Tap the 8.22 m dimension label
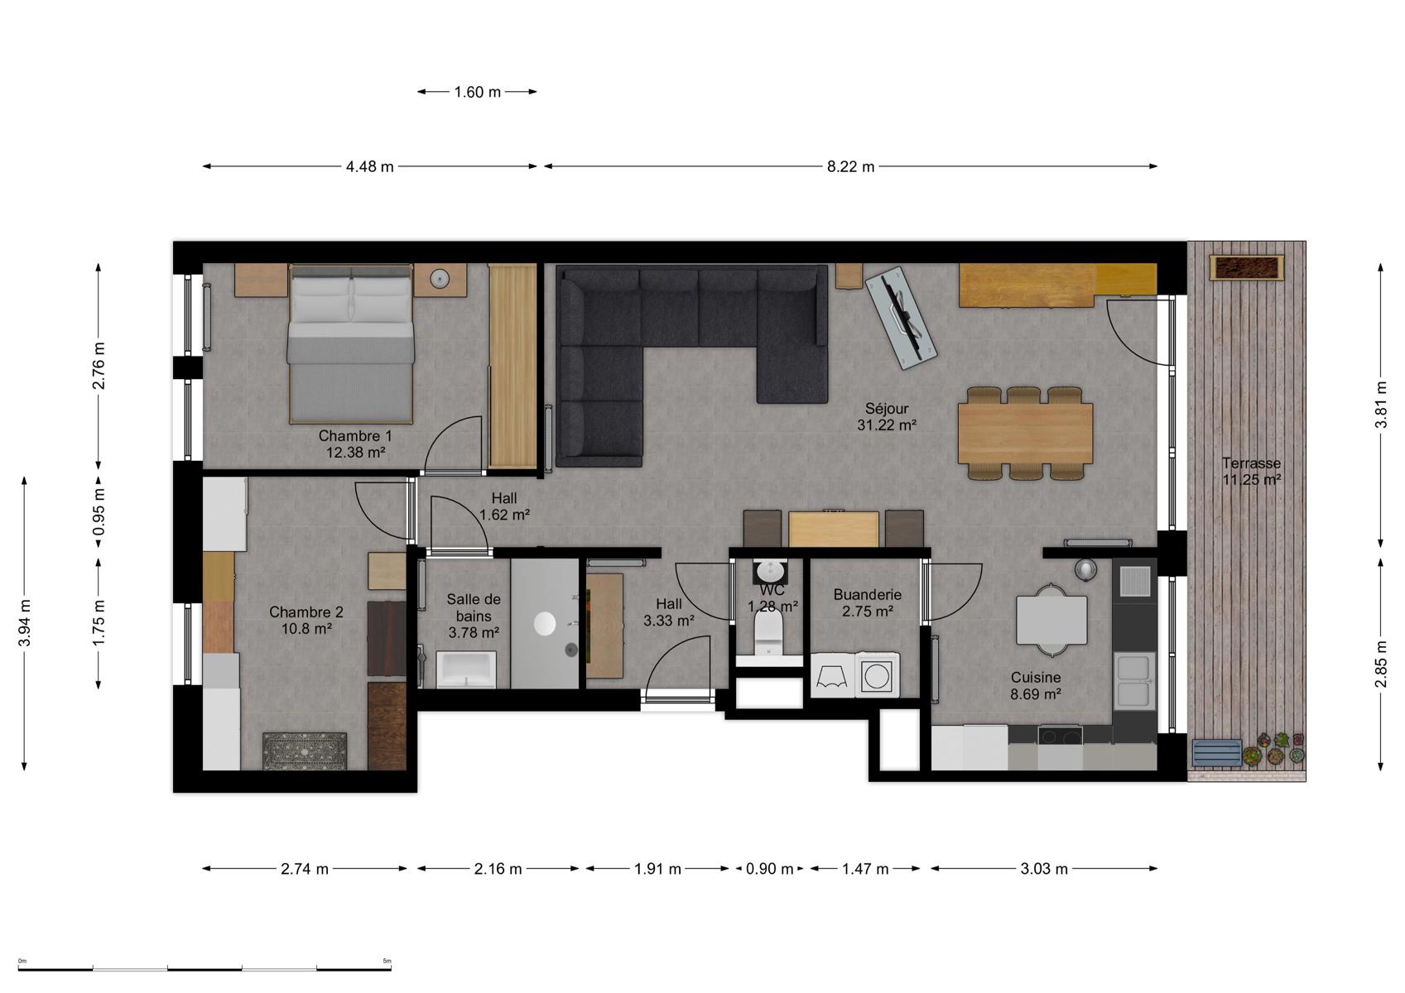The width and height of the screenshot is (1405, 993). (x=850, y=167)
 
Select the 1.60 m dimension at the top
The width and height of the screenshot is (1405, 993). (x=478, y=92)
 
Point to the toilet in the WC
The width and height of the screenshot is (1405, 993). (x=769, y=633)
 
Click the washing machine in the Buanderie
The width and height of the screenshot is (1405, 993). (x=877, y=676)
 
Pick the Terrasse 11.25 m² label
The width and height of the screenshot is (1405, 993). (x=1251, y=472)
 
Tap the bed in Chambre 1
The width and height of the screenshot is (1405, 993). (x=350, y=343)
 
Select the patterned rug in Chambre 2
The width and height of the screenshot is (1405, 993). (x=304, y=751)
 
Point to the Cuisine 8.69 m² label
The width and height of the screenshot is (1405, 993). (x=1036, y=686)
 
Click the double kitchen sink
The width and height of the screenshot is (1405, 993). (x=1134, y=681)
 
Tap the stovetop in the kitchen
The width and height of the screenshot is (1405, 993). (x=1060, y=736)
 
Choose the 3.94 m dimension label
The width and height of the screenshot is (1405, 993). (x=25, y=622)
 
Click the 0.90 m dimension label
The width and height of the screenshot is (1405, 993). (x=770, y=870)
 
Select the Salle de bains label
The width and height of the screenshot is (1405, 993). (x=474, y=608)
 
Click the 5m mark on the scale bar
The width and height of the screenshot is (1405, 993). (x=387, y=961)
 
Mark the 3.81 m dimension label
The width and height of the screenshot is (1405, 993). (x=1380, y=405)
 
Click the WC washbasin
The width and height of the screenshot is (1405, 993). (x=770, y=570)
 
